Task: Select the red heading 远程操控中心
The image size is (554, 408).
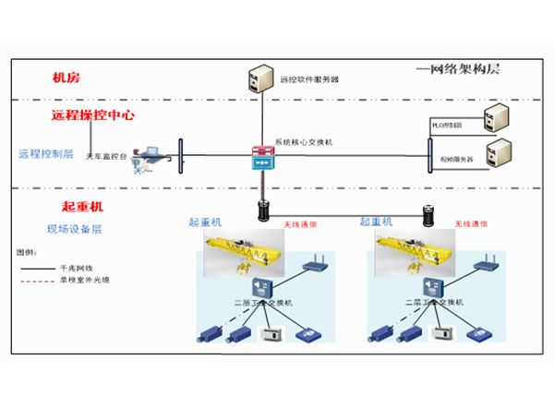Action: tap(93, 117)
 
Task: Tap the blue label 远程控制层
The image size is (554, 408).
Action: tap(46, 153)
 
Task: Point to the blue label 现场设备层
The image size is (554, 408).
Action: tap(75, 228)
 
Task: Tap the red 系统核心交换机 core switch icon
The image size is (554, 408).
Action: tap(262, 156)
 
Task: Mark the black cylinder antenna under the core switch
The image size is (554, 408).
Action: tap(262, 210)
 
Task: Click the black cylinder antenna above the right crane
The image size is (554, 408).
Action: tap(428, 214)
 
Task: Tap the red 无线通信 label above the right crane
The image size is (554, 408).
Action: tap(469, 223)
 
